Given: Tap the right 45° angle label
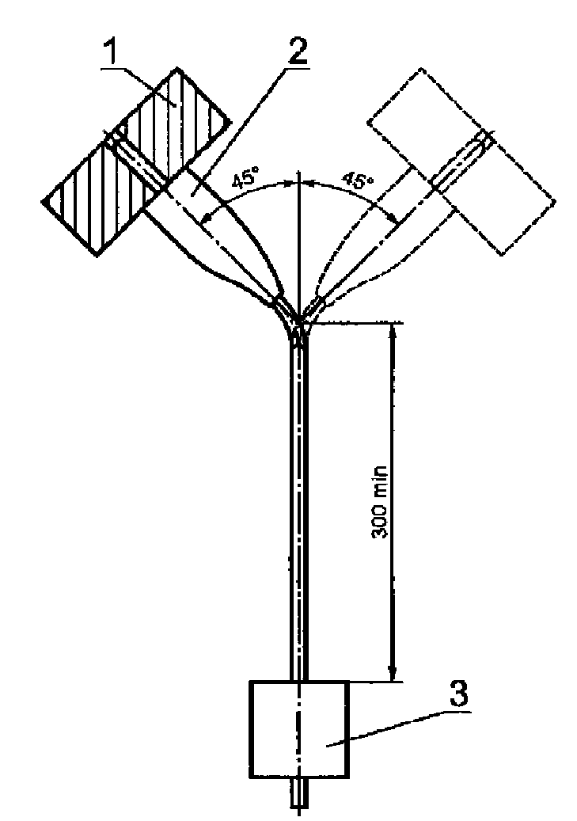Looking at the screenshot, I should (x=356, y=181).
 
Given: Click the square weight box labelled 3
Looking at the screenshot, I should (x=298, y=728).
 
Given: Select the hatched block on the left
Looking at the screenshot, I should (x=135, y=162).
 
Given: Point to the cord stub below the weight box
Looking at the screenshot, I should (x=298, y=792).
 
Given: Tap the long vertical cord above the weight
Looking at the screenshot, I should (x=298, y=507).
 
